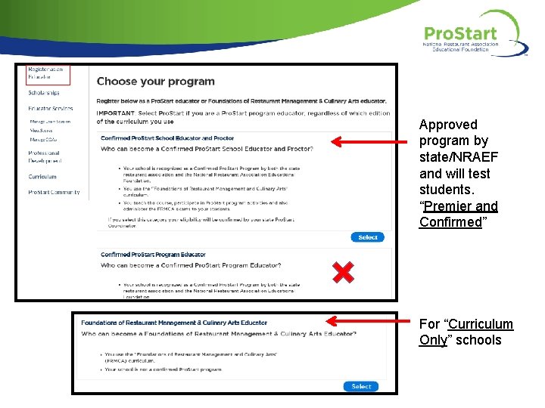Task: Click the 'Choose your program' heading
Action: (155, 82)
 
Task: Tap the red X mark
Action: (344, 272)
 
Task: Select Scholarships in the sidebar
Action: (43, 93)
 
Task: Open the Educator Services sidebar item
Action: (50, 109)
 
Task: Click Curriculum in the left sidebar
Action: (42, 177)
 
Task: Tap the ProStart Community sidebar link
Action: (54, 193)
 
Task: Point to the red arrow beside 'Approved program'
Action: (371, 141)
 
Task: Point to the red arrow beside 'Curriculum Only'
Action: (371, 320)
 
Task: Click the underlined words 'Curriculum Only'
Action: (466, 332)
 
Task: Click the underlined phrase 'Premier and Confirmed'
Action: (459, 214)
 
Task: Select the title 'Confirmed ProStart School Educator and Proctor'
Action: (167, 138)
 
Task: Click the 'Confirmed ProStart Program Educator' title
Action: (153, 255)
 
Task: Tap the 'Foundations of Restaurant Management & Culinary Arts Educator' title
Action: (174, 323)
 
